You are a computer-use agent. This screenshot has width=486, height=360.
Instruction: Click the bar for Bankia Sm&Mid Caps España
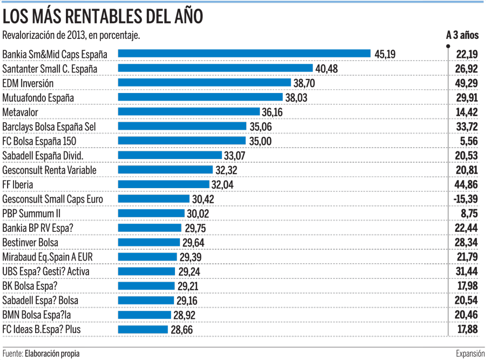pos(244,54)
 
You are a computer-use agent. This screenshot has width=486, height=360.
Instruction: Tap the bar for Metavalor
pos(189,112)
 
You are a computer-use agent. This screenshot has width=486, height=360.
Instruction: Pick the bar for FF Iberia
pos(164,184)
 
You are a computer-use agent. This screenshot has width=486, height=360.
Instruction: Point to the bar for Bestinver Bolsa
pos(148,242)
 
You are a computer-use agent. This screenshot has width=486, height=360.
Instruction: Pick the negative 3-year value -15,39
pos(465,199)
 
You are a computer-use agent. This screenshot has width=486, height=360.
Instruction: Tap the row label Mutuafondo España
pos(38,98)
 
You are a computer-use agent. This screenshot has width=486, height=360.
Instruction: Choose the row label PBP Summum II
pos(31,214)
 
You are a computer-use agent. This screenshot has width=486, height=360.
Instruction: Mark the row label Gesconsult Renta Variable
pos(49,170)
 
